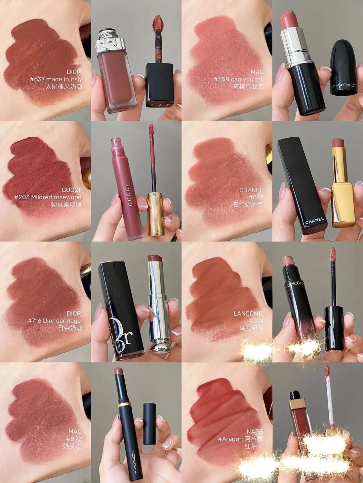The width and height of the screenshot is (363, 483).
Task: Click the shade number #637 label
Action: click(37, 79)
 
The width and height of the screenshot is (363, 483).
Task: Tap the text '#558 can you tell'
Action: click(239, 79)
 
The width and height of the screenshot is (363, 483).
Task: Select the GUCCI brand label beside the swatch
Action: click(71, 190)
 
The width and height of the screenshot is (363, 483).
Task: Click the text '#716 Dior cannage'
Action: click(54, 321)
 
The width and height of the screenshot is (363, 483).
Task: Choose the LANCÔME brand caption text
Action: click(248, 313)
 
